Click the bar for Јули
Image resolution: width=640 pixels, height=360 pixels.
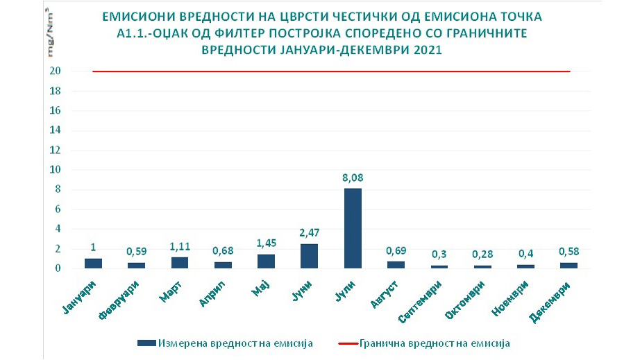(353, 228)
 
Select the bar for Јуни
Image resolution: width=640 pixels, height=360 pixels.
(310, 255)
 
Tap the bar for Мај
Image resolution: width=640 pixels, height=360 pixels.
(266, 261)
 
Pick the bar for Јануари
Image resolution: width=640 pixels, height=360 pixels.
(93, 263)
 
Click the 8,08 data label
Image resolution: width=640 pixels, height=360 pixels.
(353, 178)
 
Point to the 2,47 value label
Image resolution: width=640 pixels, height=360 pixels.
(310, 233)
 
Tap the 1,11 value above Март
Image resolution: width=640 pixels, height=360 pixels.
(179, 246)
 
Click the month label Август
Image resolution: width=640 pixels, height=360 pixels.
(388, 293)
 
